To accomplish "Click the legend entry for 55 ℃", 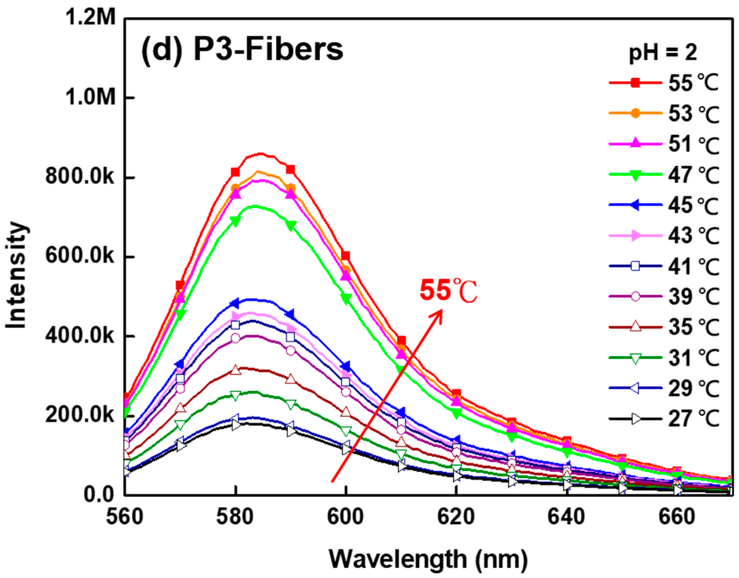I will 664,83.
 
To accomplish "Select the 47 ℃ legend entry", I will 664,174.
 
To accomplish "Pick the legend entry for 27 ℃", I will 664,419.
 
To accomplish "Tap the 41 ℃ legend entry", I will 664,266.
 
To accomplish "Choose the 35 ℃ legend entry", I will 664,327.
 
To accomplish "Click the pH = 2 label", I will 662,53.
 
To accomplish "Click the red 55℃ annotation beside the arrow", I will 449,291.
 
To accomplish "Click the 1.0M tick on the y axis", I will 91,98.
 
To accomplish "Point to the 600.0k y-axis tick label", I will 79,257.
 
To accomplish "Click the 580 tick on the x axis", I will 235,517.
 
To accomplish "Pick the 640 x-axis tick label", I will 567,517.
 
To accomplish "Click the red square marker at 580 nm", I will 235,173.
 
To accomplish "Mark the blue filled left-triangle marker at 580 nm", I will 235,303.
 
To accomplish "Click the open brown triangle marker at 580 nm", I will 235,370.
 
